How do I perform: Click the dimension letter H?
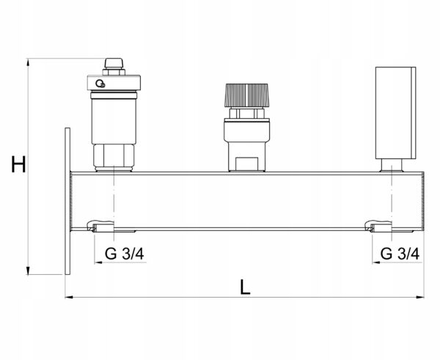(18, 164)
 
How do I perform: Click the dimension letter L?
(245, 287)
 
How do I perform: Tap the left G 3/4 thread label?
(125, 254)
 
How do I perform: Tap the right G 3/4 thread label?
(400, 254)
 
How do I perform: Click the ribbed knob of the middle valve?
(246, 95)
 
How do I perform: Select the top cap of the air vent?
(114, 63)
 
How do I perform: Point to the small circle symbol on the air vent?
(100, 84)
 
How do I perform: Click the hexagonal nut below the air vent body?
(114, 155)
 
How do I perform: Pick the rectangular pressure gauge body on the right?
(396, 113)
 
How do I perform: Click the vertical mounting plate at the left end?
(67, 201)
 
